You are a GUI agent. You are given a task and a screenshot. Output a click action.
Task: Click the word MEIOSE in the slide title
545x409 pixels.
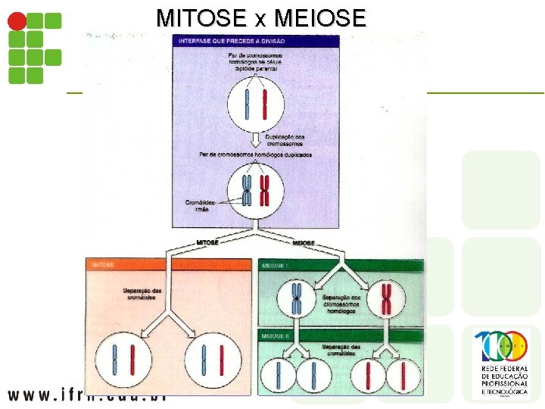320,17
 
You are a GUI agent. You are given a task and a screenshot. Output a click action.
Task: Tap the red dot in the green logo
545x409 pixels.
16,21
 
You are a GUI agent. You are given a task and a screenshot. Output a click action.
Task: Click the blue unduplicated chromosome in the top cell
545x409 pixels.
247,105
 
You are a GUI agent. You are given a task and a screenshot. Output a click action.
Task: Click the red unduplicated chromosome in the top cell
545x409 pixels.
265,105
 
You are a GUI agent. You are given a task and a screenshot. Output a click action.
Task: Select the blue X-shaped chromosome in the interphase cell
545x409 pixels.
247,191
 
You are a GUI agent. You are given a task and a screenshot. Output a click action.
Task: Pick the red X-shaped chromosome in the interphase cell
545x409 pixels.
265,191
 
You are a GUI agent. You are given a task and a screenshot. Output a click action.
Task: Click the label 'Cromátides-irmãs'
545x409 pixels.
201,205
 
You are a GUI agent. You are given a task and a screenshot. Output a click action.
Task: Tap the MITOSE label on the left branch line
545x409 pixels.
207,243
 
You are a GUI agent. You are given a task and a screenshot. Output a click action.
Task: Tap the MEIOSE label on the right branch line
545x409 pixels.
303,243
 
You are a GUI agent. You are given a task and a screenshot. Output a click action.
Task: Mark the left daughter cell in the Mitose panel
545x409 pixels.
123,361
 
